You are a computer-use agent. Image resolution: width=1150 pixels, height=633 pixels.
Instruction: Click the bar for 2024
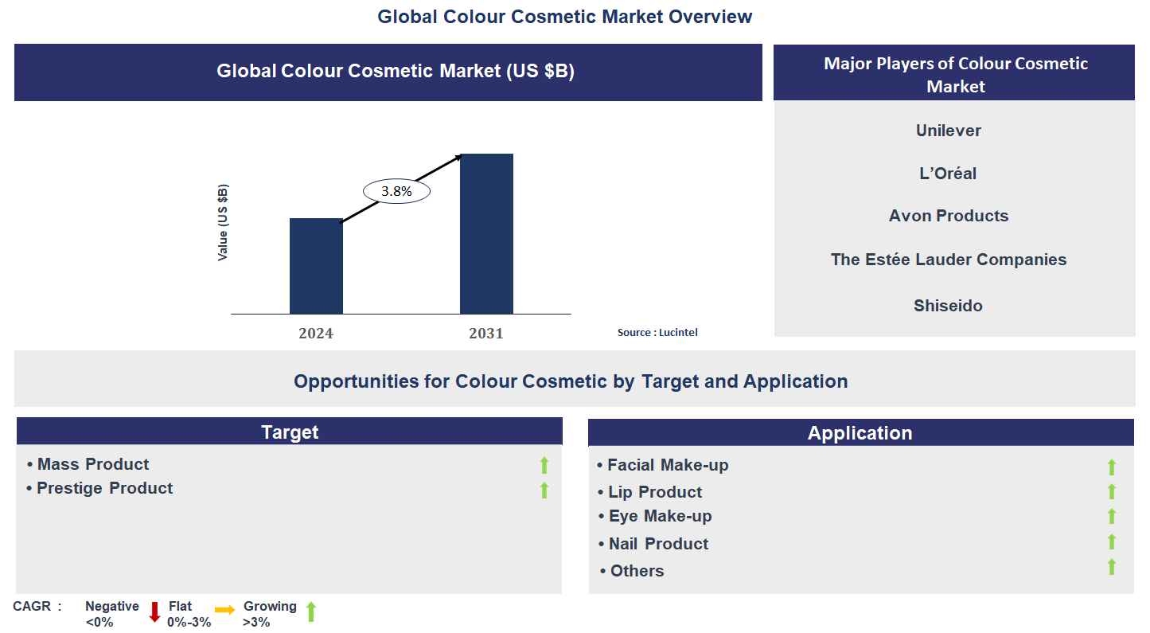coord(316,266)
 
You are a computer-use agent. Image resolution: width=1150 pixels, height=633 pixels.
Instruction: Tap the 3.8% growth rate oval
coord(396,191)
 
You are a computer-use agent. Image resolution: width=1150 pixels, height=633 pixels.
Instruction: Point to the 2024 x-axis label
coord(316,334)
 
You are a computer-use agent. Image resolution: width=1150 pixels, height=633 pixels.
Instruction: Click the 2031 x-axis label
coord(486,334)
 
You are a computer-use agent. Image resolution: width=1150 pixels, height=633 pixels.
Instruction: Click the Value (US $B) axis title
coord(223,222)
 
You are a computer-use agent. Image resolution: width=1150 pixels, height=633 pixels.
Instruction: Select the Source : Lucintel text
coord(657,332)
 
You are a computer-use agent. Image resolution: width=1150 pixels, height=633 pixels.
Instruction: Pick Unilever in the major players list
coord(948,131)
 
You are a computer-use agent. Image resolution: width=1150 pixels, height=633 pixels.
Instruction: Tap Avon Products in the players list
coord(948,216)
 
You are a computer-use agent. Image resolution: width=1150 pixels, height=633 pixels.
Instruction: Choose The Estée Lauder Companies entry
coord(948,260)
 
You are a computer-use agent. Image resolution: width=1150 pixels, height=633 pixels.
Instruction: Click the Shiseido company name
coord(948,306)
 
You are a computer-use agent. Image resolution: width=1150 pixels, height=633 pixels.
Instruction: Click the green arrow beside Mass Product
coord(544,465)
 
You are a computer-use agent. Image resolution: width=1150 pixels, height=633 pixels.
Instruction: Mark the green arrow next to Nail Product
coord(1112,542)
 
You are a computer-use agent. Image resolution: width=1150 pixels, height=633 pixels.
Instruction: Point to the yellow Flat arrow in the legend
coord(224,610)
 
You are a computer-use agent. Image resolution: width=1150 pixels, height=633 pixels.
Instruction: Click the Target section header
coord(290,432)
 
